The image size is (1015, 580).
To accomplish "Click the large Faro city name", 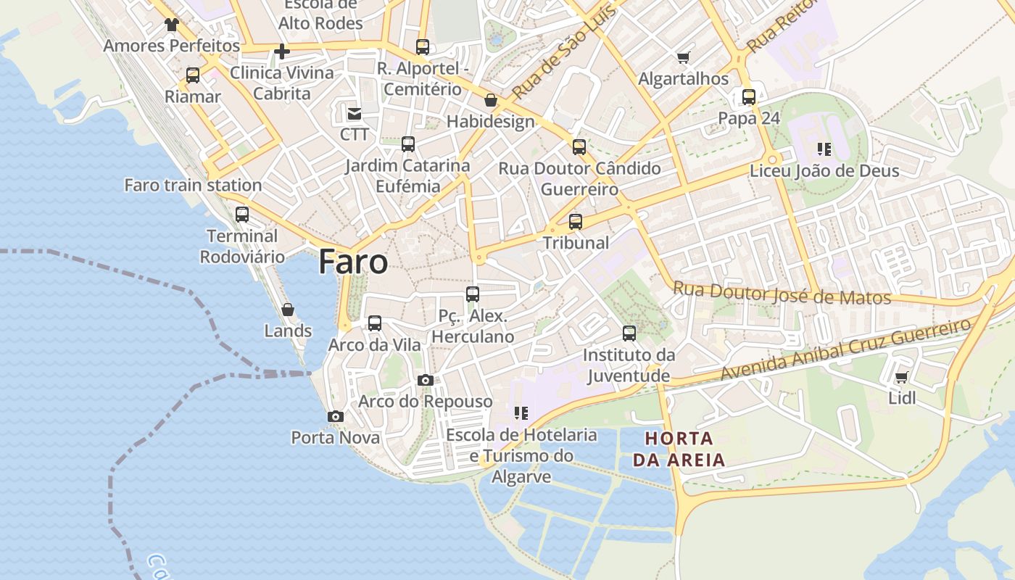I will [353, 262].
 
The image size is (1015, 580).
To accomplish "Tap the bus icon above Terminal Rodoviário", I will [242, 215].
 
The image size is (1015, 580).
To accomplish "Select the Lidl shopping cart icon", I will [901, 378].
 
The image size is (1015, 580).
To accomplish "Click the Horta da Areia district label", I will [679, 449].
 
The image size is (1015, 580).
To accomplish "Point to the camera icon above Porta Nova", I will [335, 416].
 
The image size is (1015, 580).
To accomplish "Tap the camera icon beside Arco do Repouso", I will [426, 381].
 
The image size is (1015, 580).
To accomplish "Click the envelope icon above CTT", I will [355, 113].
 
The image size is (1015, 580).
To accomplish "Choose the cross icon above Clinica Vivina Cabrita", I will [282, 51].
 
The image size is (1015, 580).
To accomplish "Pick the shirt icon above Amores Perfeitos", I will [171, 25].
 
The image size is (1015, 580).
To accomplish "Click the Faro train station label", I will [193, 185].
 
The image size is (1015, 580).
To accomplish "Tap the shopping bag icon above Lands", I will [288, 310].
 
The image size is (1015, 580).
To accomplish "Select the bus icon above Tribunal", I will [576, 221].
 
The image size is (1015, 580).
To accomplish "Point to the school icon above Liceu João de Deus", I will [824, 149].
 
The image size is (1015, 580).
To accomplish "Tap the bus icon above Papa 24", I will [749, 96].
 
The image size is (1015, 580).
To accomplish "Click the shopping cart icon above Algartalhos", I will [683, 57].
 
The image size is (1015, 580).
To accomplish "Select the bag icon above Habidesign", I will [491, 100].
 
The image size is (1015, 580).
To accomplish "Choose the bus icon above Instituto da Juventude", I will [629, 333].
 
